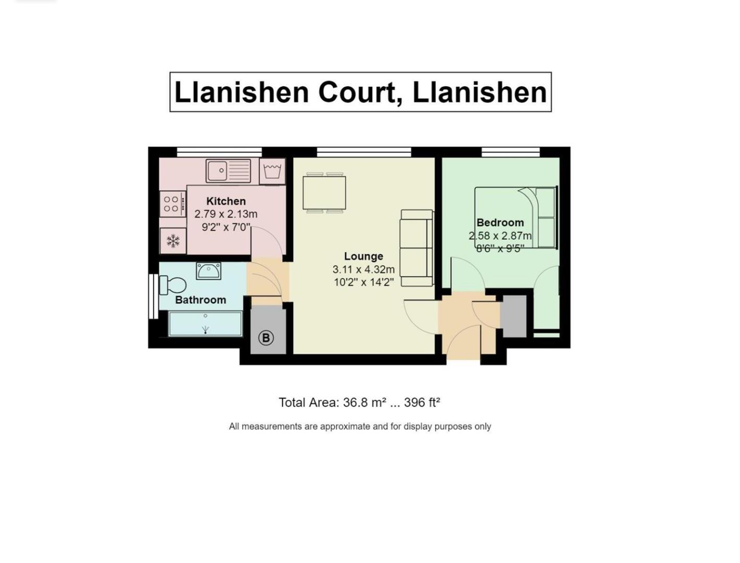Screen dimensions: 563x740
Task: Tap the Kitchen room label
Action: coord(226,201)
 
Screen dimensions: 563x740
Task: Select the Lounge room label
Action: coord(363,256)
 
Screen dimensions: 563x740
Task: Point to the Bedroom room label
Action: coord(500,223)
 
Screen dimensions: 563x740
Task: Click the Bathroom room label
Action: coord(200,300)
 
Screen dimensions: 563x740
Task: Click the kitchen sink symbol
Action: coord(228,170)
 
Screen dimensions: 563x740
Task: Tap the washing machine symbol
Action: coord(272,171)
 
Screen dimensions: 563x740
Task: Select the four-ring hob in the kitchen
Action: coord(172,203)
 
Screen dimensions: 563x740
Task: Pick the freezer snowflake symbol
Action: coord(173,241)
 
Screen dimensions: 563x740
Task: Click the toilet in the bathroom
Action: coord(174,285)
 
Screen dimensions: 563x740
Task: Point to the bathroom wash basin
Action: coord(209,271)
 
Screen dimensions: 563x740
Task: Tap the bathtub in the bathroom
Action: coord(205,324)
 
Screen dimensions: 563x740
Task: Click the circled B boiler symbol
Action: coord(265,338)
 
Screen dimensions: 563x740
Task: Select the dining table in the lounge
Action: coord(324,193)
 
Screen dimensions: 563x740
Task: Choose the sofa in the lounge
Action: coord(416,248)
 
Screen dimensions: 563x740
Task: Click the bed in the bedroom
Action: coord(515,217)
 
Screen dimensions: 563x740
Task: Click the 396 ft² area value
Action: coord(422,402)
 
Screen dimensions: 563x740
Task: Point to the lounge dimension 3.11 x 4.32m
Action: coord(363,270)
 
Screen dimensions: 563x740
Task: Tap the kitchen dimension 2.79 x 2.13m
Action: coord(226,214)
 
